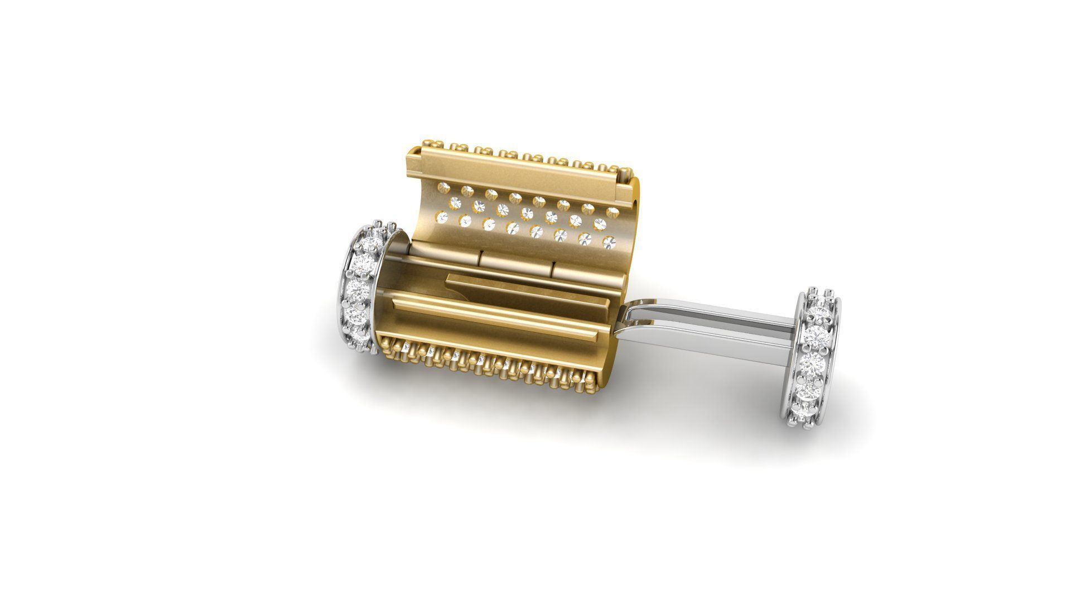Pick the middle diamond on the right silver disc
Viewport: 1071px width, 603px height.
coord(816,360)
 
